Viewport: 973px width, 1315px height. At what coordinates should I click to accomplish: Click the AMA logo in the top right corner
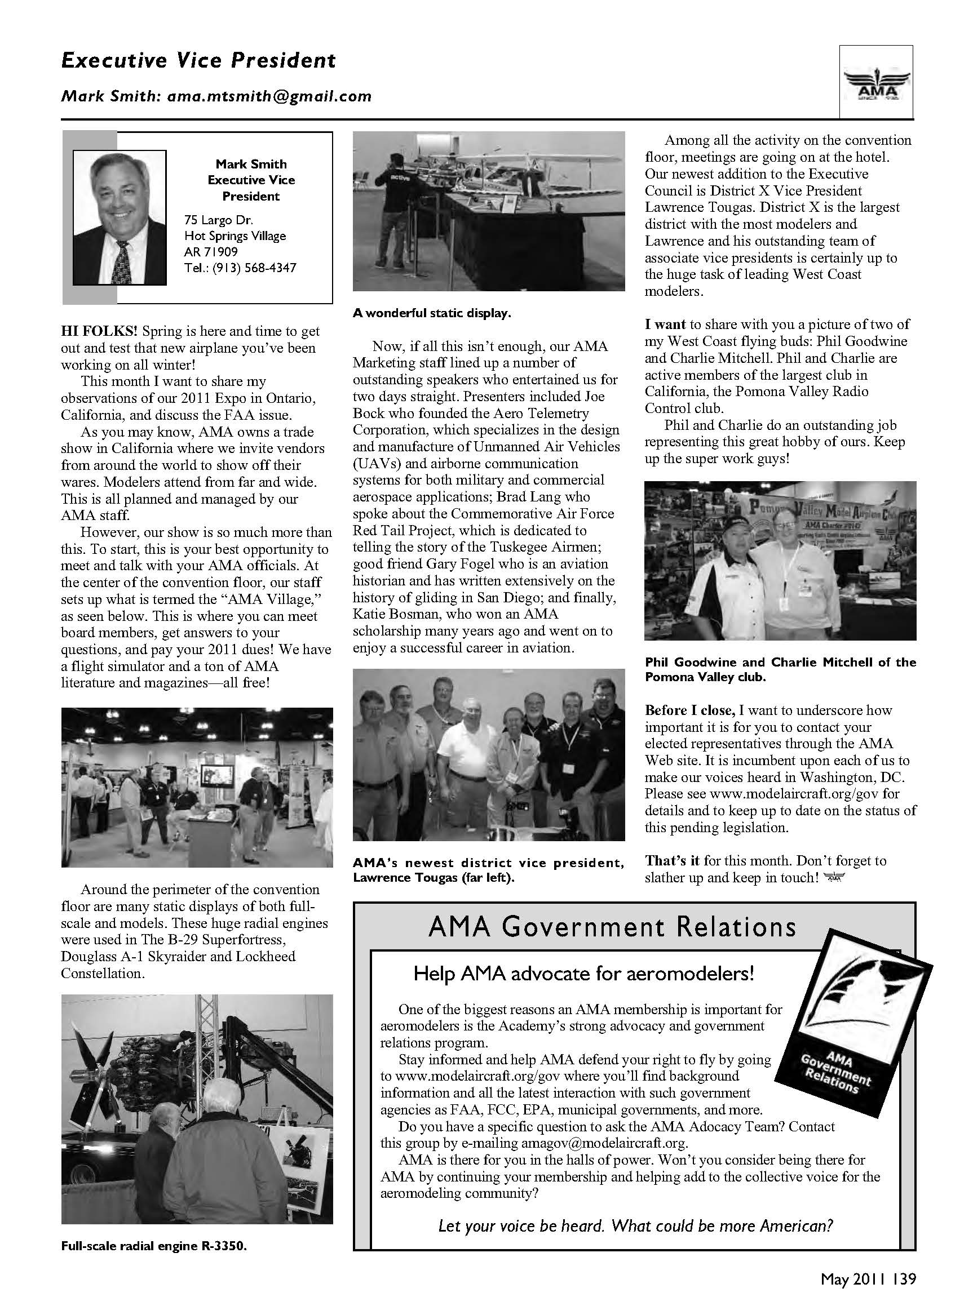click(877, 83)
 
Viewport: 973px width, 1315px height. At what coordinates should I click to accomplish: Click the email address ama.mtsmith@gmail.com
click(269, 96)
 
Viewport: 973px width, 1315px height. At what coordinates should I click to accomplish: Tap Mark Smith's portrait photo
click(120, 217)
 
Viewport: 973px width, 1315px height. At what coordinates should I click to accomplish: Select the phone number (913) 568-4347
click(254, 268)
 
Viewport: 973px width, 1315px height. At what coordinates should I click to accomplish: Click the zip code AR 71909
click(211, 252)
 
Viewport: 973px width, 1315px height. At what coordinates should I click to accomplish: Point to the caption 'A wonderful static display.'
click(432, 314)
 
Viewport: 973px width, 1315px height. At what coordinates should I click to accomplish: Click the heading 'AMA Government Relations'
click(612, 927)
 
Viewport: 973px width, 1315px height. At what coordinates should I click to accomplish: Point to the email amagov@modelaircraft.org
click(604, 1143)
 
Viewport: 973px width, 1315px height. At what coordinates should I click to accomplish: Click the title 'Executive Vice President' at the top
click(198, 61)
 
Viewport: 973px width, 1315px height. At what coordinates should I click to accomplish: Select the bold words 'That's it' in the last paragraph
click(671, 861)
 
